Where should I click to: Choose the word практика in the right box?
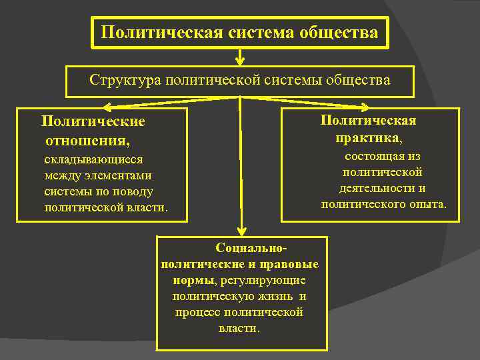click(367, 137)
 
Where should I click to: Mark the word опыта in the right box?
click(427, 204)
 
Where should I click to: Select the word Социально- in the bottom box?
click(251, 248)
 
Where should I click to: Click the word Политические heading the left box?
click(93, 122)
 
